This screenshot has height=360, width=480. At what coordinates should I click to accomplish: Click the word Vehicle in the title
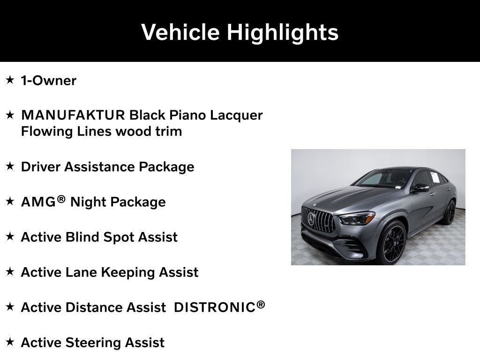coord(180,32)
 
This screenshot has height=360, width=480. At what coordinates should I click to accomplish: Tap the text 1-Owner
coord(48,81)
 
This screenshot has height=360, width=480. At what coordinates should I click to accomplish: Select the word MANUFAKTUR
coord(73,115)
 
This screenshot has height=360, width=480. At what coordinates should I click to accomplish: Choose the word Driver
coord(41,167)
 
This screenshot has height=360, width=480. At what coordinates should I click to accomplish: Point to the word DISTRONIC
coord(214,307)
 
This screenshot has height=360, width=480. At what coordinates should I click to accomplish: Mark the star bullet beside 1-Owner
coord(10,80)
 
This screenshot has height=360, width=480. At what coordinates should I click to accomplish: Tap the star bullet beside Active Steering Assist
coord(10,342)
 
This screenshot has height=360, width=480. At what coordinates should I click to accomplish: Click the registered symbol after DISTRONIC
coord(261,305)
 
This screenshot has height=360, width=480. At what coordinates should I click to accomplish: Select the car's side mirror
coord(420,188)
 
